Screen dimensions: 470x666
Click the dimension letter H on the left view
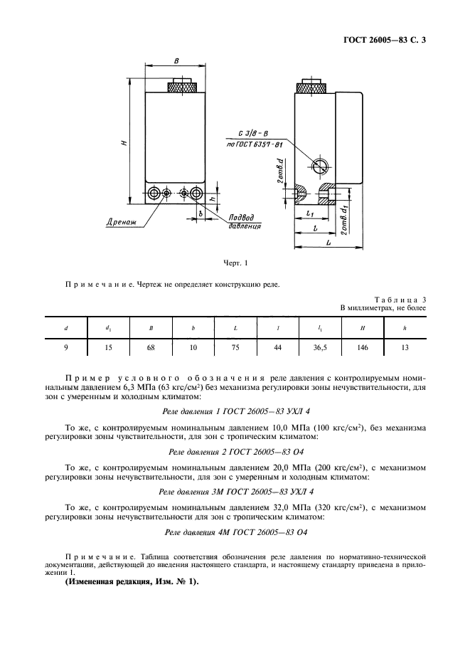tap(124, 142)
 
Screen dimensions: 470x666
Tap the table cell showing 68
tap(151, 348)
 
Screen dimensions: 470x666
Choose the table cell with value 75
tap(235, 348)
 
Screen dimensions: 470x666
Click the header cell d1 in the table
tap(108, 328)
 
